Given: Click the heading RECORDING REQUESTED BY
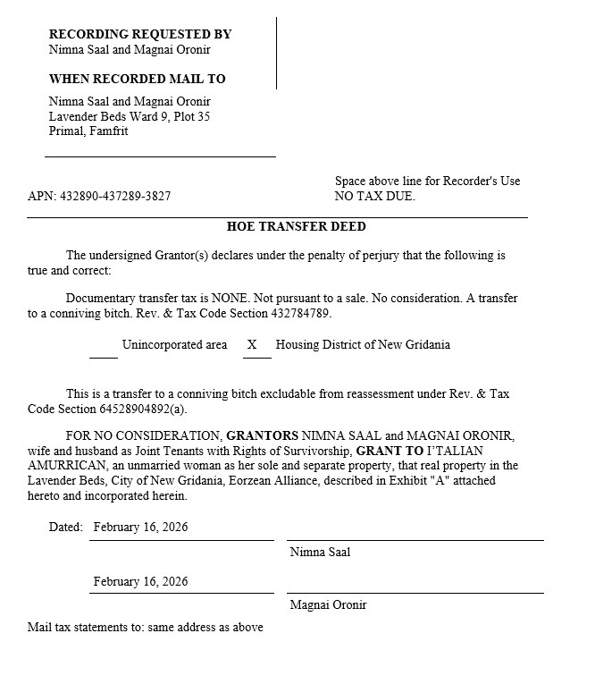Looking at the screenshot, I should point(140,34).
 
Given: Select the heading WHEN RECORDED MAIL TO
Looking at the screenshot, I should point(137,79).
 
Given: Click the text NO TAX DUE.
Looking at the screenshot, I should point(374,196).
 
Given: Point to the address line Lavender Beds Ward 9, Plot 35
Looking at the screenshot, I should point(130,116).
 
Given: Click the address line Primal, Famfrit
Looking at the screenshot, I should point(88,131).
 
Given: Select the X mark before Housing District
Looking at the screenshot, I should point(252,345).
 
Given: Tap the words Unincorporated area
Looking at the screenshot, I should point(174,345).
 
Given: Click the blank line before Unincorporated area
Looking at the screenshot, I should point(104,355).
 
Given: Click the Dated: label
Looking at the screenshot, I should point(66,527).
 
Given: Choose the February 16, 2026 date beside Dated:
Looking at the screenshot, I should point(140,527).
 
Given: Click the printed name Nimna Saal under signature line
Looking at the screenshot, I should point(320,552).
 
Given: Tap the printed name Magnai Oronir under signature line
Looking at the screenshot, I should point(328,604).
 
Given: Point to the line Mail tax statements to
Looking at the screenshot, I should point(146,627).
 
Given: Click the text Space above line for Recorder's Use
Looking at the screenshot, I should point(427,181).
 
